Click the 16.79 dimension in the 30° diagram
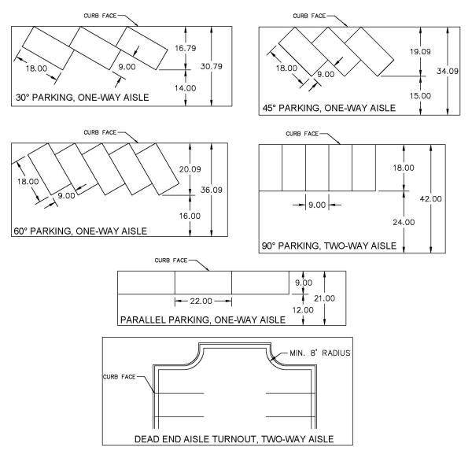186,48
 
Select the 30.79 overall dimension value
212,66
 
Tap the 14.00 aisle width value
185,88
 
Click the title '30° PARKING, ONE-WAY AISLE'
82,98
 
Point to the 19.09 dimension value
420,51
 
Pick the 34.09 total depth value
448,71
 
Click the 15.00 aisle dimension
420,96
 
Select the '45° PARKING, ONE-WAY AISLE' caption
329,108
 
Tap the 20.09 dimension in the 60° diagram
190,169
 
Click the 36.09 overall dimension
212,190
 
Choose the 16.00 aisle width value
190,216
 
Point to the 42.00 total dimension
431,199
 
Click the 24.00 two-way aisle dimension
404,222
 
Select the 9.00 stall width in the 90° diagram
317,205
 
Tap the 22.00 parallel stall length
201,301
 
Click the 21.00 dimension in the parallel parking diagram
324,298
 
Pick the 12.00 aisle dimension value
303,310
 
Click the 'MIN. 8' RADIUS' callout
320,353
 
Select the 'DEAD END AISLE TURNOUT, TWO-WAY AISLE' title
234,439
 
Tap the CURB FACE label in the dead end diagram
120,377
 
